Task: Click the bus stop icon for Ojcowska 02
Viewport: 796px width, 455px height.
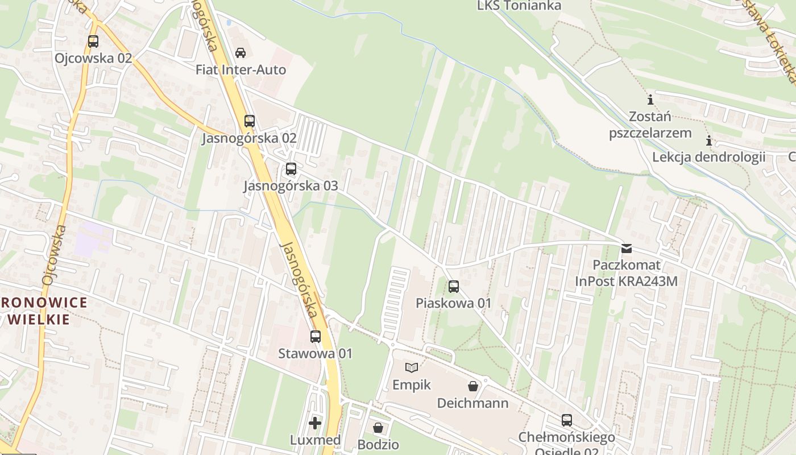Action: (93, 42)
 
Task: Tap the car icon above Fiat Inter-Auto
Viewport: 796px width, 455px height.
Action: (241, 53)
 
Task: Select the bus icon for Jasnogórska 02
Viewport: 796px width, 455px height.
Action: (250, 121)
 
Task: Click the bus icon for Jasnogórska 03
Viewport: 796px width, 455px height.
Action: (291, 169)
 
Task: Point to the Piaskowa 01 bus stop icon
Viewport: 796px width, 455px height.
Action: (453, 286)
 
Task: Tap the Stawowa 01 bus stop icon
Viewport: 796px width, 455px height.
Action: (316, 337)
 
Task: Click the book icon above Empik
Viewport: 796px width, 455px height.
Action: (412, 368)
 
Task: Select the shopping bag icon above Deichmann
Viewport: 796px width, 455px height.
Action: (472, 387)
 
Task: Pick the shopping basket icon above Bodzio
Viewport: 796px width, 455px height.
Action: (378, 427)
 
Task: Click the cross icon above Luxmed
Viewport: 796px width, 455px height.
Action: (315, 423)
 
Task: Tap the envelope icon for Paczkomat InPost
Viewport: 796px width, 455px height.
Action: (626, 248)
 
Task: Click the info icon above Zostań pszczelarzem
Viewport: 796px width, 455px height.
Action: (650, 100)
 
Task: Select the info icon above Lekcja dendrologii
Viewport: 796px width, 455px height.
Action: (709, 140)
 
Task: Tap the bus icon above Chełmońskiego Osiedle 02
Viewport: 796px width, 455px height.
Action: (567, 420)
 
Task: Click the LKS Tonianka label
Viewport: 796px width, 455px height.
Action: (519, 6)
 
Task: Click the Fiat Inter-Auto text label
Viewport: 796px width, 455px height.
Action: (241, 70)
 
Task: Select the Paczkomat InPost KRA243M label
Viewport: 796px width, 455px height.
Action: (627, 273)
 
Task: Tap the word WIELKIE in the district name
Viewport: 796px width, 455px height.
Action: (39, 319)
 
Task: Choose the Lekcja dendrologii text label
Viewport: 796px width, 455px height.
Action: (708, 157)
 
